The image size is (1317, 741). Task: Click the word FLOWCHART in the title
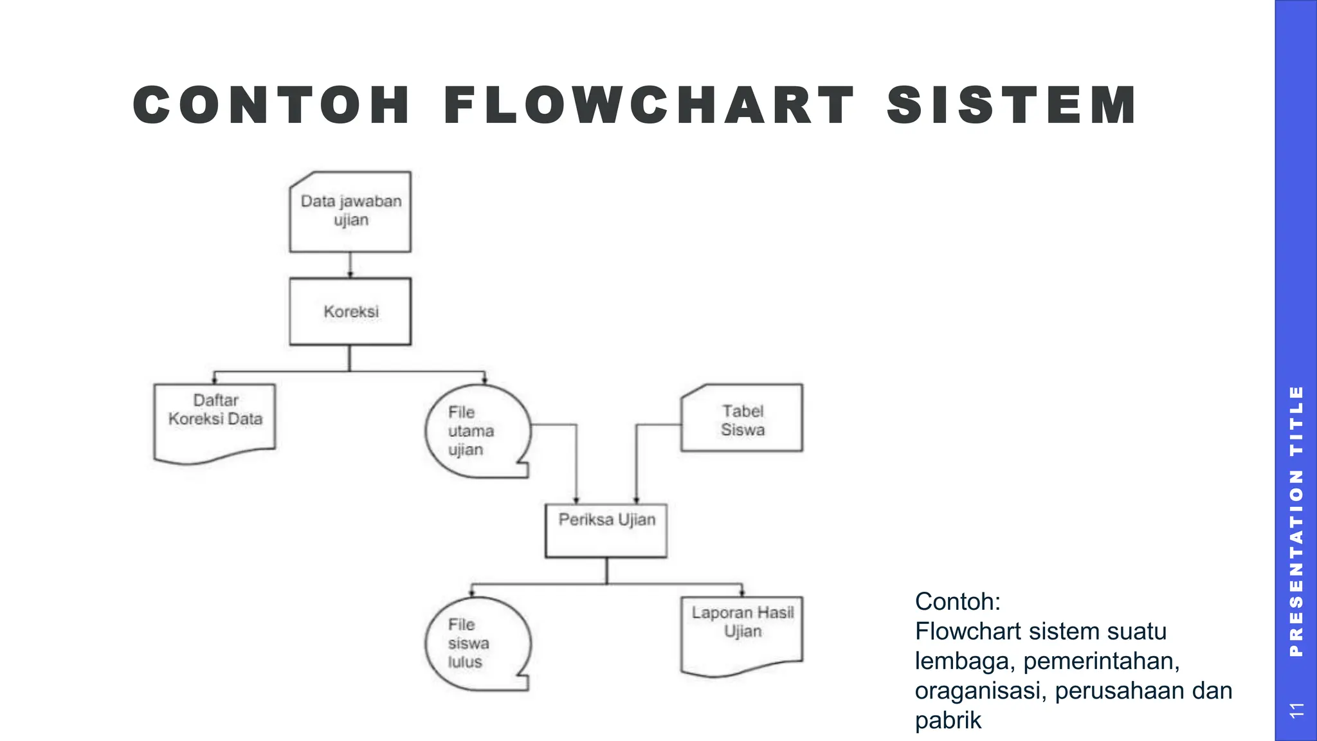[x=649, y=105]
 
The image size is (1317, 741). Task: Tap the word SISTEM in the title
[x=1012, y=105]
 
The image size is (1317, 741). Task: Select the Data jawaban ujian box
[x=350, y=212]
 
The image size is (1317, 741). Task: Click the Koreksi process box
[x=350, y=312]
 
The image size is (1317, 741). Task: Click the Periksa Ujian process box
[x=606, y=530]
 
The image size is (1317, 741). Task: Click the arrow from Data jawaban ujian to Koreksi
[x=350, y=264]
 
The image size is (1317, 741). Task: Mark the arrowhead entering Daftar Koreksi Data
[x=215, y=381]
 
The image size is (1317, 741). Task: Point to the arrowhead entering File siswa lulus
[x=473, y=593]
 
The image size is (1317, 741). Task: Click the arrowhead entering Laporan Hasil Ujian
[x=742, y=593]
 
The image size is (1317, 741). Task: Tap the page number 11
[x=1296, y=710]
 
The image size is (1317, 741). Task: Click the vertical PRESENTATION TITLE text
[x=1296, y=521]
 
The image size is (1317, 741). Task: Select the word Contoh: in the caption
[x=958, y=601]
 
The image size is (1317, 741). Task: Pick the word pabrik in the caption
[x=948, y=720]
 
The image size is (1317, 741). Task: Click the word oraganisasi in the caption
[x=981, y=691]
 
